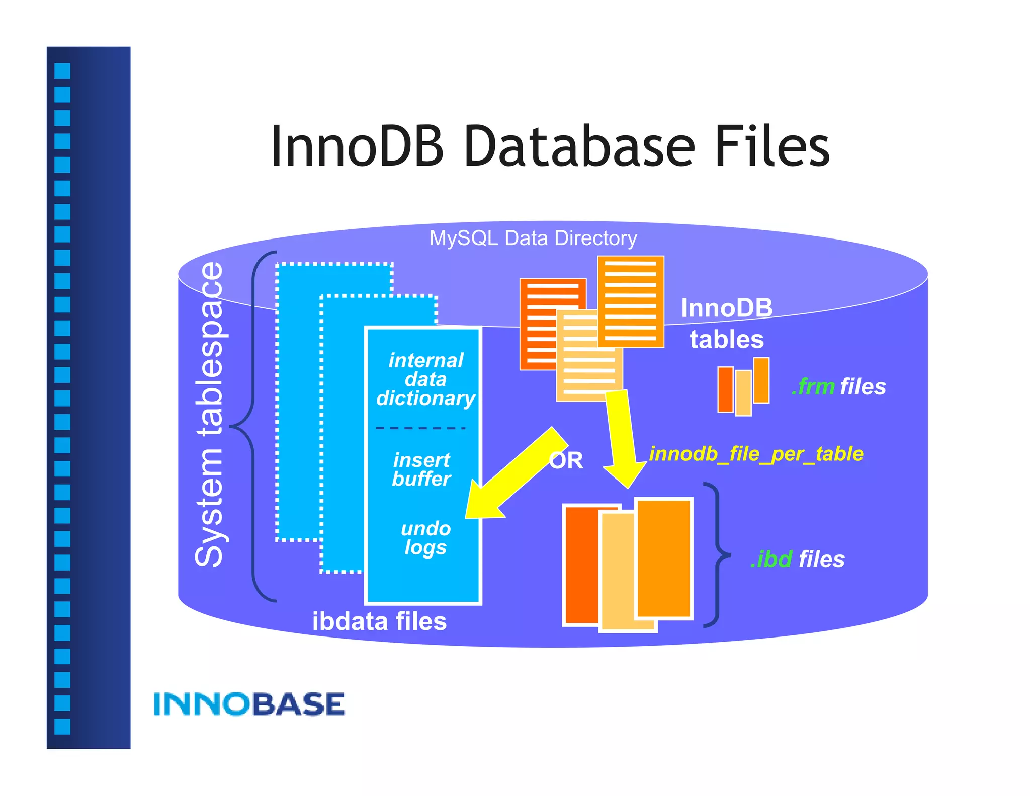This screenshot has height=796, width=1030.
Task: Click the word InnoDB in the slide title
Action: pyautogui.click(x=357, y=147)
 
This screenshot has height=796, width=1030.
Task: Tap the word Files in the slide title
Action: pyautogui.click(x=771, y=147)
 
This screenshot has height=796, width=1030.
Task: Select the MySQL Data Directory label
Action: pyautogui.click(x=533, y=238)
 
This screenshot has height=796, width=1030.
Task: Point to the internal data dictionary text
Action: pyautogui.click(x=425, y=379)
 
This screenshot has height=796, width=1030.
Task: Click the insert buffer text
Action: pyautogui.click(x=421, y=469)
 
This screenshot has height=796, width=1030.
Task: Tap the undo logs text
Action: pyautogui.click(x=425, y=538)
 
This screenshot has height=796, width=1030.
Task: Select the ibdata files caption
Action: pyautogui.click(x=379, y=621)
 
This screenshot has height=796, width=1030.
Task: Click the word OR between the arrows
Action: pyautogui.click(x=567, y=461)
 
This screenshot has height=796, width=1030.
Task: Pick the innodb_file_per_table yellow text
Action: pyautogui.click(x=756, y=454)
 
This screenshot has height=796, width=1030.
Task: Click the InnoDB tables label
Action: pyautogui.click(x=726, y=324)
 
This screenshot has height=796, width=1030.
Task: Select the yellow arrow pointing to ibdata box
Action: pyautogui.click(x=513, y=475)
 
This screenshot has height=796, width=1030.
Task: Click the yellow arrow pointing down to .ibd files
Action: pyautogui.click(x=623, y=438)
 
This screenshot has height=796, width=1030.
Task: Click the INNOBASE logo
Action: pyautogui.click(x=249, y=704)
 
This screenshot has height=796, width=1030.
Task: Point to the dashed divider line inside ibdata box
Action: pyautogui.click(x=420, y=428)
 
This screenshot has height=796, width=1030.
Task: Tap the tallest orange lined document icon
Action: pyautogui.click(x=631, y=301)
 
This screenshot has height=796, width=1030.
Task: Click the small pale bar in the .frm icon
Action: pyautogui.click(x=743, y=392)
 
